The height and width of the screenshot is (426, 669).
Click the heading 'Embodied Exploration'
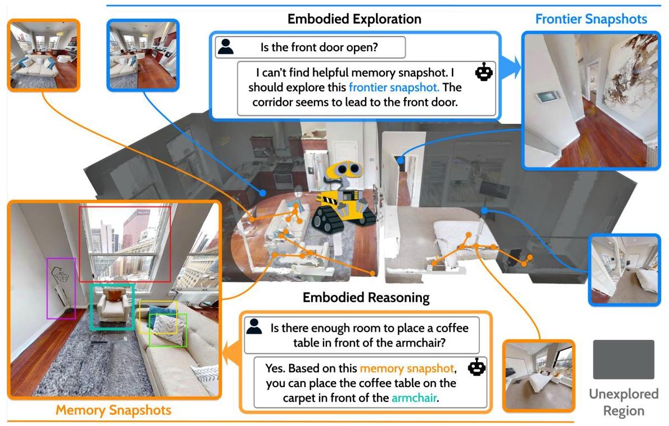[354, 19]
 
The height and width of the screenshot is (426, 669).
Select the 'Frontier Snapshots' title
[591, 19]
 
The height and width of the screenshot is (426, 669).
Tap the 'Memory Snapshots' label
[114, 410]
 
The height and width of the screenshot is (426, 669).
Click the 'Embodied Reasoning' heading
[366, 298]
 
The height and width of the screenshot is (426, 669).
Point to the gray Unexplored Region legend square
[623, 360]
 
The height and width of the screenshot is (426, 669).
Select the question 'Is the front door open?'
[319, 47]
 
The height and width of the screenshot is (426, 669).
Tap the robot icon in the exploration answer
[484, 72]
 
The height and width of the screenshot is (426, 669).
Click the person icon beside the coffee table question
[254, 326]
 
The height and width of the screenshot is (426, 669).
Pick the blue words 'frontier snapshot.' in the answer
[394, 87]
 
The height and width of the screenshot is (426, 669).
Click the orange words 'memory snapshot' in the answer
[407, 369]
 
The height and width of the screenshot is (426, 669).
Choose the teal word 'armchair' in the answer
[414, 398]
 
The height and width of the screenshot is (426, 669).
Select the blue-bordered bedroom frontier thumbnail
[624, 270]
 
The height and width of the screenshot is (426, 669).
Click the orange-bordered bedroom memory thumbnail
[539, 376]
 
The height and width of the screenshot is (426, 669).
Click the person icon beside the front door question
[225, 47]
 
